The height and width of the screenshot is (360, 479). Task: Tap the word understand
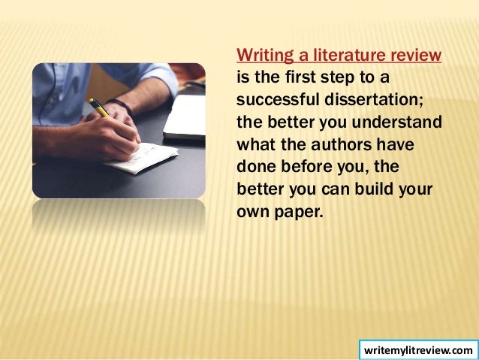(x=401, y=122)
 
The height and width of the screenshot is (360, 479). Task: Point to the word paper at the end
(x=297, y=210)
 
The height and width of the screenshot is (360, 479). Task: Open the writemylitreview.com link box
(x=417, y=350)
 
